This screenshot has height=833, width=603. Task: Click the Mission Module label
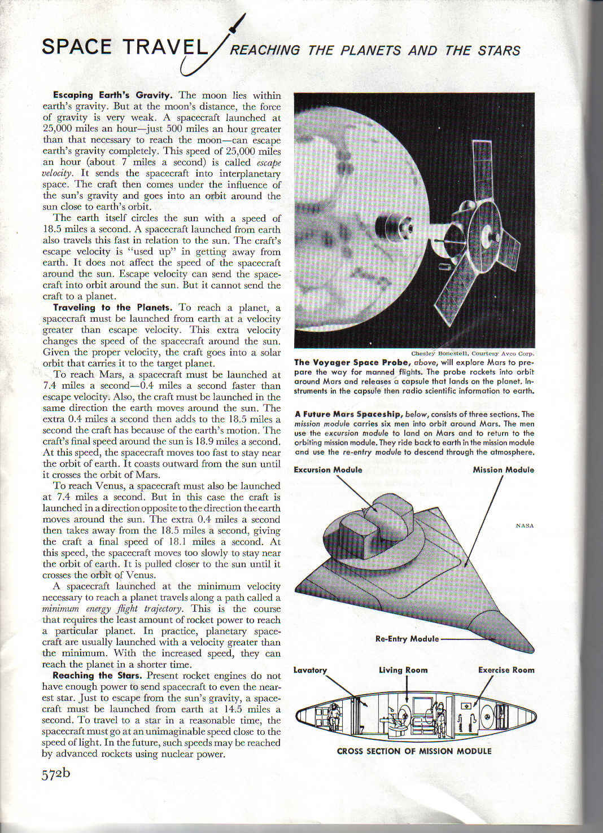(503, 470)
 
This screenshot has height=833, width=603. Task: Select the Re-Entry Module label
(407, 639)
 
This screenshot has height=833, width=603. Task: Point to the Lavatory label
(310, 670)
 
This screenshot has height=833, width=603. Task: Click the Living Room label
(403, 670)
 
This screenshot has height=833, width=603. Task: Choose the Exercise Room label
(506, 670)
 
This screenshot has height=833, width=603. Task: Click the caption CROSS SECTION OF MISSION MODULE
(414, 751)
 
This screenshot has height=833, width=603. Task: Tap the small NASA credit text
(525, 526)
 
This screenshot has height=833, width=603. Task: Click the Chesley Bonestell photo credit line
(473, 354)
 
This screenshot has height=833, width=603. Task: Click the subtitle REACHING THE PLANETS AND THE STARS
(375, 50)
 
